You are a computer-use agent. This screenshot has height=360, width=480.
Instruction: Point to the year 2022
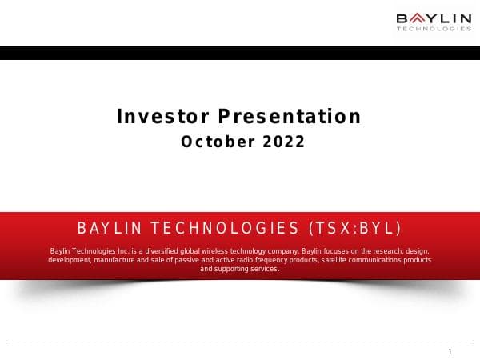tap(280, 142)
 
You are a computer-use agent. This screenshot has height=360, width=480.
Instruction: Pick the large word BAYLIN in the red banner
tap(110, 228)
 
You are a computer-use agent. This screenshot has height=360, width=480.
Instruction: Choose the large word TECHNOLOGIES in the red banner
tap(225, 228)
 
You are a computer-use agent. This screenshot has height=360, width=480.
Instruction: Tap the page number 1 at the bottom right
tap(450, 351)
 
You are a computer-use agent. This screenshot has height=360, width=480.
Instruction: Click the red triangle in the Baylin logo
tap(414, 18)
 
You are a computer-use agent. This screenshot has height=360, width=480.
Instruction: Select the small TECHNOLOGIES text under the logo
tap(434, 30)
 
